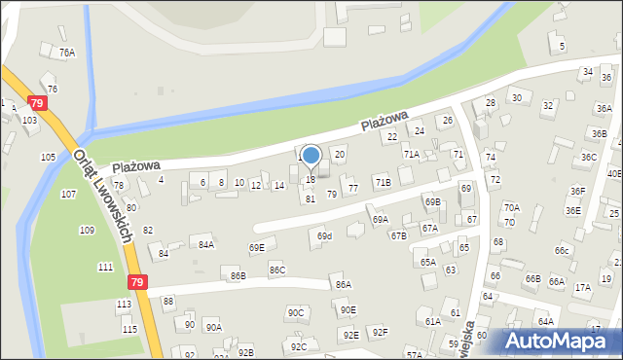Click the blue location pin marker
[x=311, y=156]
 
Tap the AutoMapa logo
[x=553, y=342]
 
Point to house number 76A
[x=66, y=53]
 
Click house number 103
[x=29, y=120]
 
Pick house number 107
[x=68, y=195]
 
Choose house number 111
[x=105, y=267]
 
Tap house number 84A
[x=206, y=245]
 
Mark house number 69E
[x=256, y=248]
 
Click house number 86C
[x=277, y=270]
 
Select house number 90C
[x=295, y=312]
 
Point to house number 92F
[x=380, y=333]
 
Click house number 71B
[x=383, y=182]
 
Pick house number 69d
[x=324, y=235]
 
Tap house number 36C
[x=589, y=157]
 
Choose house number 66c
[x=562, y=251]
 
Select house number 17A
[x=582, y=288]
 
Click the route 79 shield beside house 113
[x=136, y=282]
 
